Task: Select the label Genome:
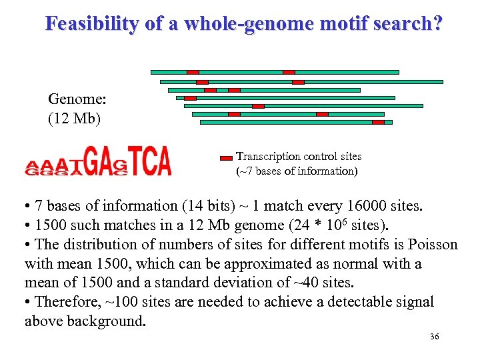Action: click(73, 100)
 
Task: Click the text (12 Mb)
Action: click(73, 118)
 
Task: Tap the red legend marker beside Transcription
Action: click(226, 158)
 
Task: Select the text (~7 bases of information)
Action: click(297, 171)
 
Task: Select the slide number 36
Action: click(434, 337)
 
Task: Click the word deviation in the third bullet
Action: click(224, 283)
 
